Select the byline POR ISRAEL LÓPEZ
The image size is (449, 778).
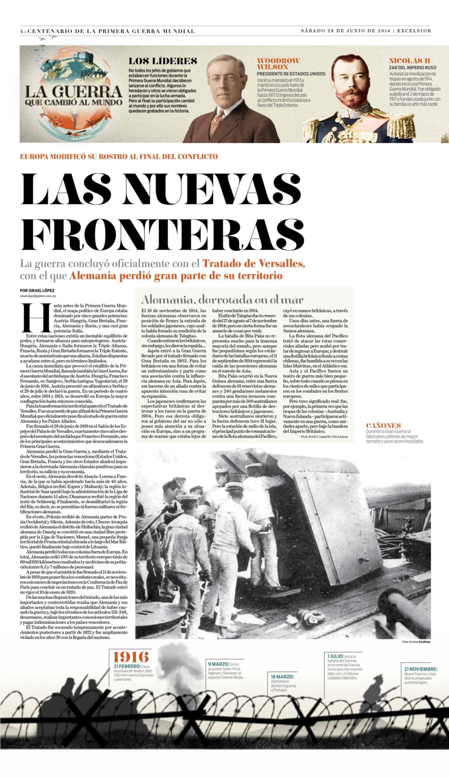(x=35, y=290)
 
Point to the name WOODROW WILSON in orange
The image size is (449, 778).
(x=278, y=63)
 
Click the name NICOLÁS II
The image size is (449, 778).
(x=409, y=60)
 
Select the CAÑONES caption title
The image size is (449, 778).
(x=381, y=425)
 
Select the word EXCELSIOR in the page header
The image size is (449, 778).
(x=414, y=31)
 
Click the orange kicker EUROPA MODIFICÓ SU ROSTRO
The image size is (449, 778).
(x=119, y=156)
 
